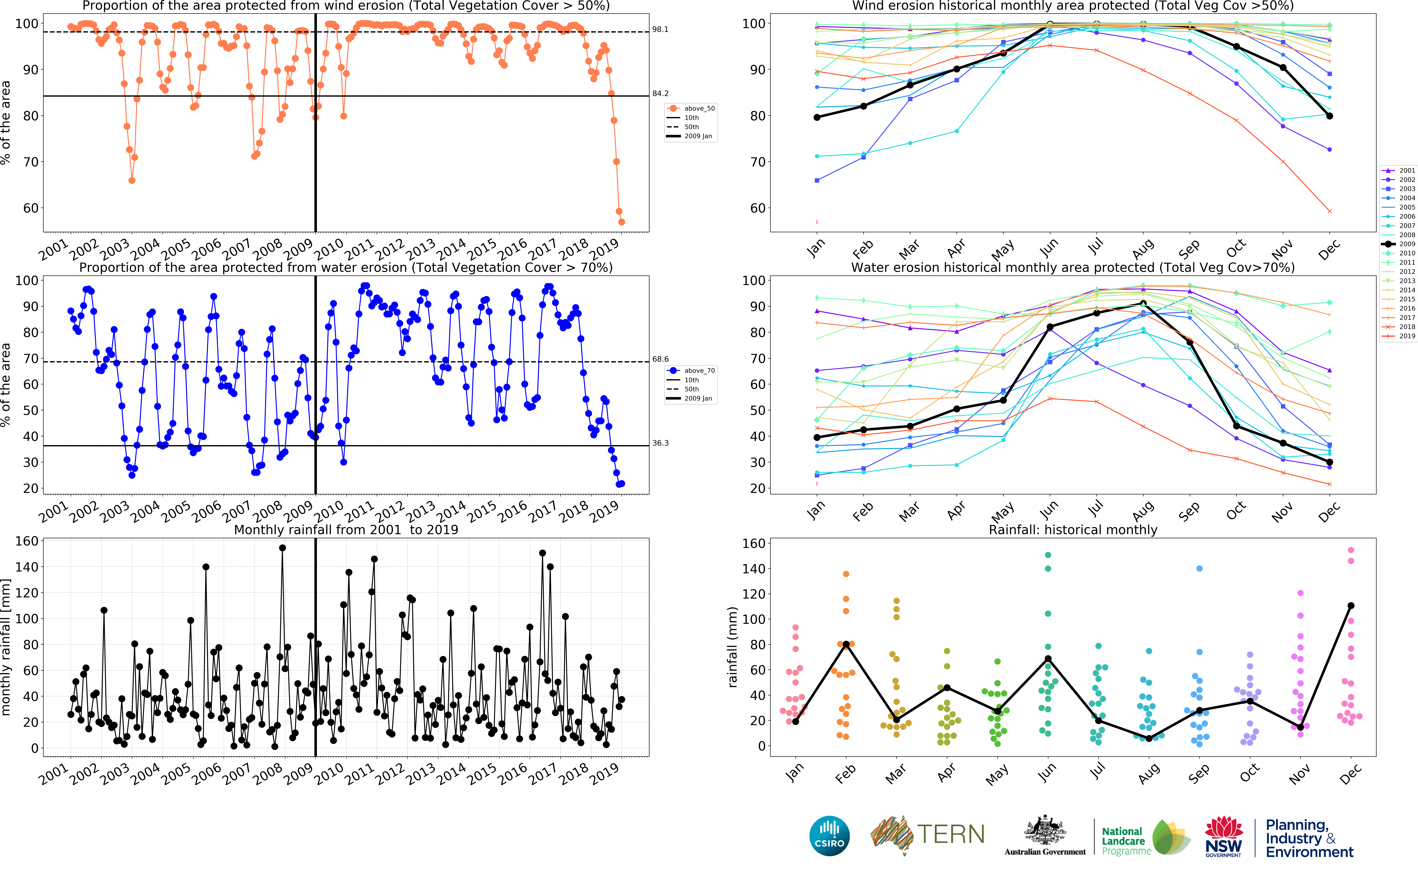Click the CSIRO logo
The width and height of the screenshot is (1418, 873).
829,836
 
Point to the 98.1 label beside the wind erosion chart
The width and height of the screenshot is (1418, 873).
660,29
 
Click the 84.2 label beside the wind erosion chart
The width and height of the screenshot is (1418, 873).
660,94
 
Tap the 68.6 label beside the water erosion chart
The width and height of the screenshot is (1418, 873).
660,359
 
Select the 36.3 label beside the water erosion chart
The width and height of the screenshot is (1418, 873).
660,443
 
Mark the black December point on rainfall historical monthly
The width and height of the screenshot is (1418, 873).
1350,606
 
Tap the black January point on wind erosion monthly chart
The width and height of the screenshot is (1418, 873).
817,117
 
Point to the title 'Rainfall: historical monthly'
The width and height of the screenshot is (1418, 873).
1073,530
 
